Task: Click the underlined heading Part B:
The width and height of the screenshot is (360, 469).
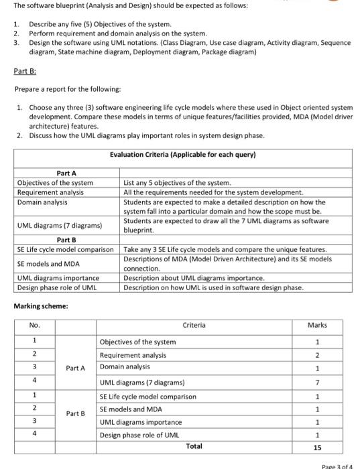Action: [x=25, y=70]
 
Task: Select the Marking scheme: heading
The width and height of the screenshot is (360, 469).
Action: [x=40, y=306]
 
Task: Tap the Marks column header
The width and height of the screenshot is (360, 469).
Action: [x=317, y=325]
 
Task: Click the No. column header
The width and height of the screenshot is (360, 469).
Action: [x=34, y=325]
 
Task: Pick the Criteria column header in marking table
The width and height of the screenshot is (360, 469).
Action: [x=194, y=325]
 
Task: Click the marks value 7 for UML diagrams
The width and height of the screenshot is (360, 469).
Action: [x=317, y=383]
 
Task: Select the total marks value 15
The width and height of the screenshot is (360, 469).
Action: [x=317, y=446]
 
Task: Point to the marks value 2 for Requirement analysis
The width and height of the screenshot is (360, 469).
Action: [x=317, y=354]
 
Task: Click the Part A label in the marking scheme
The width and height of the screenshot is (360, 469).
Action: [x=75, y=368]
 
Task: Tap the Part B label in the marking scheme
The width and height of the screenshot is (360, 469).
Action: [x=75, y=413]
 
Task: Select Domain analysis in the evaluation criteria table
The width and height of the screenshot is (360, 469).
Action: [x=38, y=202]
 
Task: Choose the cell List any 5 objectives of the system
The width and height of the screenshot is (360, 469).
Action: [x=177, y=183]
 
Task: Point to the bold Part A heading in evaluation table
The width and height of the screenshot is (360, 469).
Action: [x=66, y=173]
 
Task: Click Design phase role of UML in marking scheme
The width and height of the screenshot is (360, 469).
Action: [x=139, y=435]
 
